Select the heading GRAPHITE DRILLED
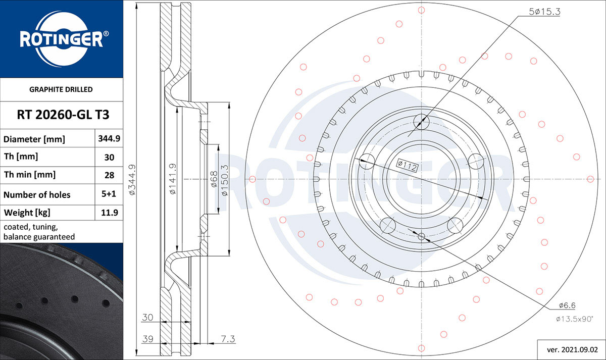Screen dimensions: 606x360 61,89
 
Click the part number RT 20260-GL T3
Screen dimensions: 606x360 63,115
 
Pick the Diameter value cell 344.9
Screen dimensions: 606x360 109,138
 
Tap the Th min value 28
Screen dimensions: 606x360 109,175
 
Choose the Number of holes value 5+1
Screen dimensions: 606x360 109,194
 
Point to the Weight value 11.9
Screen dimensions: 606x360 110,213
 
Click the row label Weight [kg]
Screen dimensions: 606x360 27,213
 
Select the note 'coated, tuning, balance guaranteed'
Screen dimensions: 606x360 39,232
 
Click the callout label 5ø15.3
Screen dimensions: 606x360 544,11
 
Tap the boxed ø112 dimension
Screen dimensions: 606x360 407,166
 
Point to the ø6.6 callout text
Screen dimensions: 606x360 567,305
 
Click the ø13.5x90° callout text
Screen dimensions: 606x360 574,319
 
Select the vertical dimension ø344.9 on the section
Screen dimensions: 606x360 132,180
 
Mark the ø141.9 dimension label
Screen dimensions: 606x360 173,179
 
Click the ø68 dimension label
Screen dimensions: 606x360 214,179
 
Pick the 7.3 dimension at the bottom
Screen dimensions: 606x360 228,339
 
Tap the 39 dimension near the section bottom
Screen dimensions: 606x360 147,339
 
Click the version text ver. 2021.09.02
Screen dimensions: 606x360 572,350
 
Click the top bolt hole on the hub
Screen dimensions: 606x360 421,122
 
